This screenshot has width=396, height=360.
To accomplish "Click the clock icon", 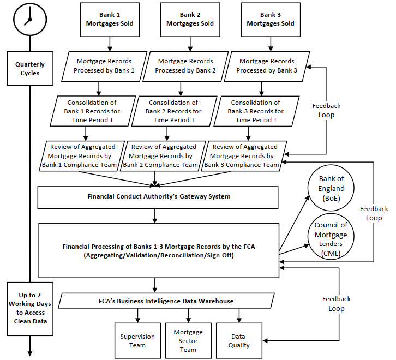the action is (30, 20).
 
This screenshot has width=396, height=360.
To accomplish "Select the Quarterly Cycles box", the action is (30, 69).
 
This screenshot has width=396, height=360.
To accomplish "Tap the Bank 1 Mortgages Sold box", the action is (110, 20).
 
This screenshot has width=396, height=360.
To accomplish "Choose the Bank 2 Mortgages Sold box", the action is (190, 20).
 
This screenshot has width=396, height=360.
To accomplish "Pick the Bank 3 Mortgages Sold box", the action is (271, 20).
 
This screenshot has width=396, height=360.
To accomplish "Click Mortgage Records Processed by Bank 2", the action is (185, 67).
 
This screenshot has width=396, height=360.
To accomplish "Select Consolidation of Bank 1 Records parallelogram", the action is (93, 111).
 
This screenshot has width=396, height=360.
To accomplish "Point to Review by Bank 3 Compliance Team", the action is (244, 156).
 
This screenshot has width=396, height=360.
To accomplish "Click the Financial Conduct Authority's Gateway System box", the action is (158, 197).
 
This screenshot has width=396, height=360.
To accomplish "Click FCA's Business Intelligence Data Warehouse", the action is (166, 301).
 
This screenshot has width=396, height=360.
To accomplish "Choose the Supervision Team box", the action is (137, 340).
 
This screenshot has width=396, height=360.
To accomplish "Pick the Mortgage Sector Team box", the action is (188, 340).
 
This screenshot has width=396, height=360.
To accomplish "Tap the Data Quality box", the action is (239, 340).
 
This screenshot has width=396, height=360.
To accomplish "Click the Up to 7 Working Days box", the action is (30, 309).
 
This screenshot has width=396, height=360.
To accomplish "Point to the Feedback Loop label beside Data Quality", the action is (337, 304).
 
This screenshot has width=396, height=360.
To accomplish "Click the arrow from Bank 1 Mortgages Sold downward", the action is (110, 44).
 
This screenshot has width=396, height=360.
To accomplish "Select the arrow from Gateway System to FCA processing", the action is (155, 216).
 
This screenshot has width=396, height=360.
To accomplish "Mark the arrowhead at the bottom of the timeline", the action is (30, 353).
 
